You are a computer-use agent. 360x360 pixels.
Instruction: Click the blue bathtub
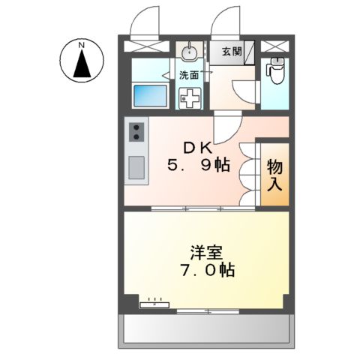click(x=150, y=96)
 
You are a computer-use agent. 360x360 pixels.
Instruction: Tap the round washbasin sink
click(x=188, y=52)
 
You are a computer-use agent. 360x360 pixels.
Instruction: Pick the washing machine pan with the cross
click(x=191, y=97)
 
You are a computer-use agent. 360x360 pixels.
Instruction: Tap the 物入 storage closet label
click(x=275, y=173)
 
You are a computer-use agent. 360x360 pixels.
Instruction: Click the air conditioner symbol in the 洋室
click(x=156, y=304)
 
